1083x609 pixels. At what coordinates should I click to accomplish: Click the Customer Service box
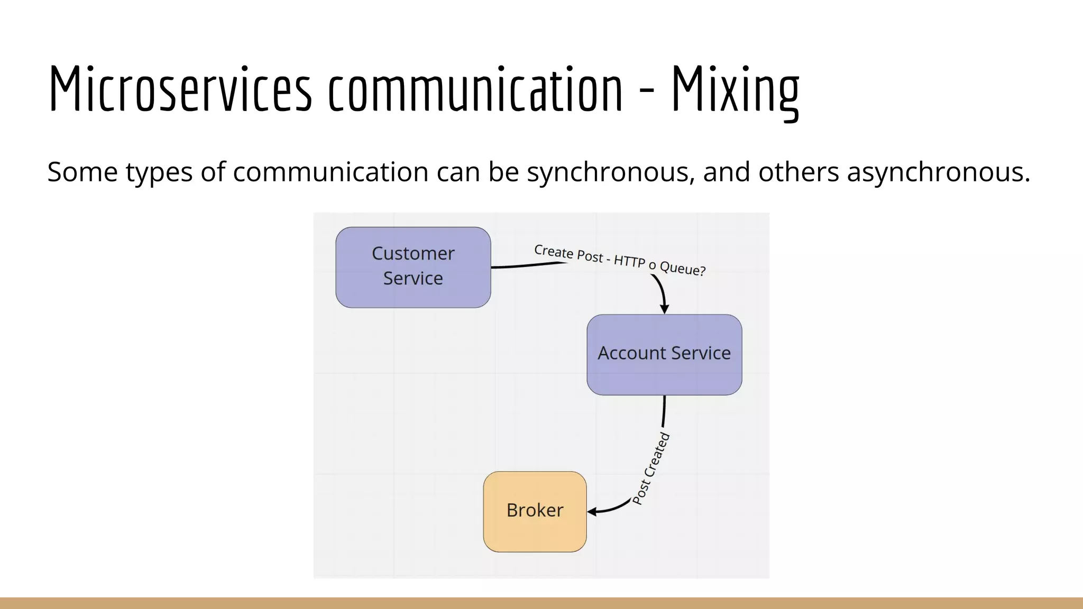[x=413, y=267]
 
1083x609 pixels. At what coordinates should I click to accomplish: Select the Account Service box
[x=664, y=354]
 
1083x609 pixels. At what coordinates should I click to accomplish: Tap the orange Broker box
[x=535, y=511]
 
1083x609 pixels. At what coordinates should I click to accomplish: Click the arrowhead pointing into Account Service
[x=665, y=309]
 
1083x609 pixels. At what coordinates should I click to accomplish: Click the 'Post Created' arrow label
[x=651, y=468]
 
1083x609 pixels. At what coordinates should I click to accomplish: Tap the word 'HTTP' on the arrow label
[x=629, y=261]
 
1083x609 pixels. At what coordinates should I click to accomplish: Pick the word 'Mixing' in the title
[x=735, y=90]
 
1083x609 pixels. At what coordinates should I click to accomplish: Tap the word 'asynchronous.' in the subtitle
[x=939, y=172]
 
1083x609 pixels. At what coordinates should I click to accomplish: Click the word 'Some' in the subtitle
[x=82, y=172]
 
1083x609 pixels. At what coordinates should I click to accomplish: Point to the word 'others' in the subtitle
[x=799, y=172]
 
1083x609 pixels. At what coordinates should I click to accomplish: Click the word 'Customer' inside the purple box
[x=413, y=254]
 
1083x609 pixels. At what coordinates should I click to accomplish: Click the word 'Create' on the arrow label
[x=553, y=251]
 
